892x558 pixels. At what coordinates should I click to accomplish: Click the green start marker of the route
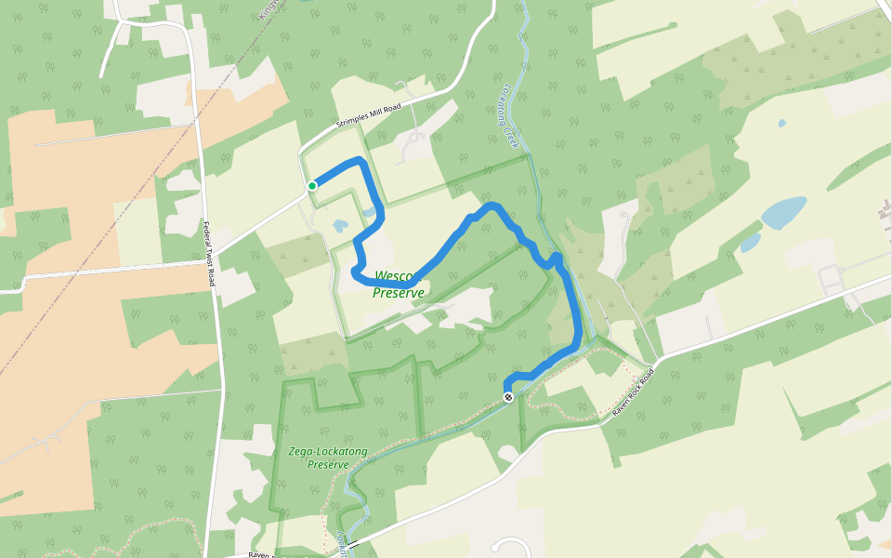click(x=312, y=186)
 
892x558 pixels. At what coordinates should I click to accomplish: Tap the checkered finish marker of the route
click(x=508, y=397)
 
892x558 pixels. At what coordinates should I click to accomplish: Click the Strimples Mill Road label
click(x=368, y=117)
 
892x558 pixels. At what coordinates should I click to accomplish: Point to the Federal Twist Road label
click(x=208, y=254)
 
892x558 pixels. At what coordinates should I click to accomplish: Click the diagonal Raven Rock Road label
click(x=634, y=390)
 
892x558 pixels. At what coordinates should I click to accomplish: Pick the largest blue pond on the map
click(x=784, y=212)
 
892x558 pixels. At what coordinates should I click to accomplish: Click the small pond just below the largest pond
click(x=750, y=243)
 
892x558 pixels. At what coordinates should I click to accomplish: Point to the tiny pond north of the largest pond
click(x=780, y=123)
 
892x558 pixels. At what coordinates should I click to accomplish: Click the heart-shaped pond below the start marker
click(x=340, y=225)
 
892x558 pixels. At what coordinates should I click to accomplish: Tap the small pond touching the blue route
click(x=371, y=212)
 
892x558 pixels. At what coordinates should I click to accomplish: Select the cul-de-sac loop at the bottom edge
click(x=511, y=546)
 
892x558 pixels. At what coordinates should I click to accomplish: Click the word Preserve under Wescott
click(x=399, y=293)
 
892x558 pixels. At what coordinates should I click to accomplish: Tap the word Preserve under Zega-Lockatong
click(x=328, y=464)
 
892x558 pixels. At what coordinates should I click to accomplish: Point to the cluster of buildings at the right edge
click(x=832, y=276)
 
